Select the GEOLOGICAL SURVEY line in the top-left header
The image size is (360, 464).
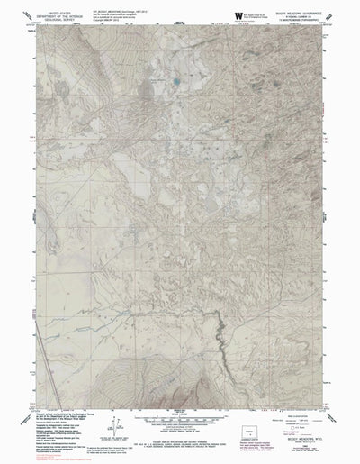click(x=53, y=21)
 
